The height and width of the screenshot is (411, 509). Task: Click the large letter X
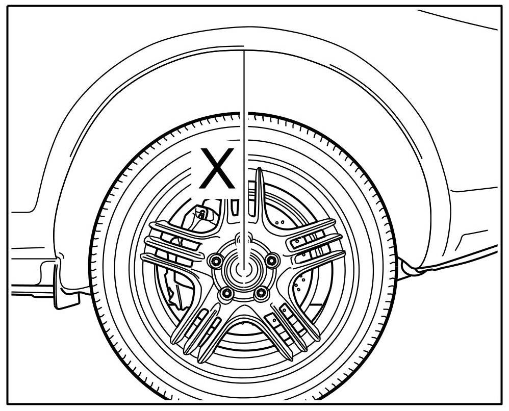[x=217, y=168]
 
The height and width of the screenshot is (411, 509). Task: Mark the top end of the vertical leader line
[x=244, y=52]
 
